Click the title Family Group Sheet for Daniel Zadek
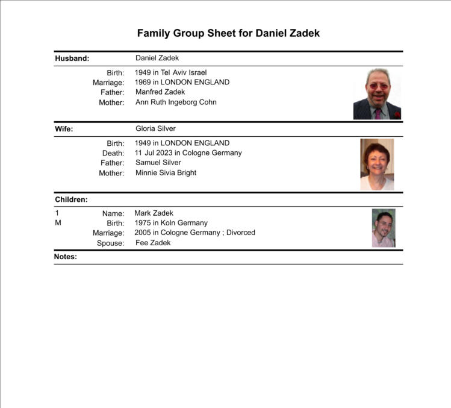(228, 33)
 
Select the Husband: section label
(72, 58)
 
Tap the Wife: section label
(64, 129)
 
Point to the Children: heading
(71, 199)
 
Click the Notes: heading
(66, 257)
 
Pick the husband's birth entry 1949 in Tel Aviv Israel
(171, 72)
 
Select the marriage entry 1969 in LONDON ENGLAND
(182, 82)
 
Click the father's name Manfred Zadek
(160, 92)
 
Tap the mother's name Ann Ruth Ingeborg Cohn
(176, 102)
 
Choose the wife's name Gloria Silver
(155, 128)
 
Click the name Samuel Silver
(158, 163)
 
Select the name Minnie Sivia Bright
(166, 173)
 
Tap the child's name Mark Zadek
(154, 213)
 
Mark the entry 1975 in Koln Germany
(171, 223)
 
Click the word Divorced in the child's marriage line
(241, 233)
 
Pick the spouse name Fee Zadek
(153, 243)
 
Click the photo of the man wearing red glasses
(377, 94)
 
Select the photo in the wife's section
(377, 165)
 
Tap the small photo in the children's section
(384, 228)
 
